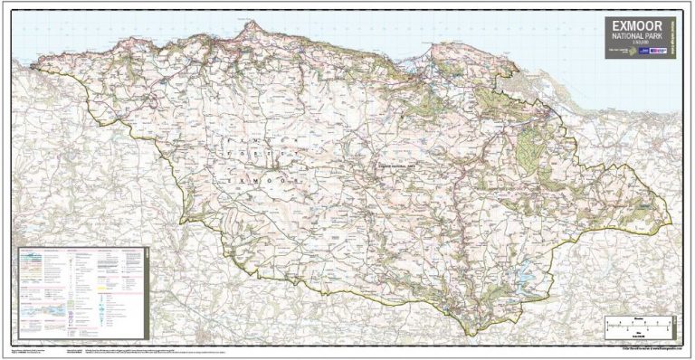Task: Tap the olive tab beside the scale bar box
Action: pos(675,322)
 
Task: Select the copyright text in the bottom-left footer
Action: pos(36,349)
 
